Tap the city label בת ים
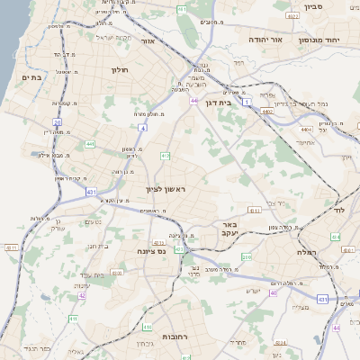pyautogui.click(x=30, y=77)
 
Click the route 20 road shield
pyautogui.click(x=57, y=121)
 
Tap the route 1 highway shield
pyautogui.click(x=247, y=105)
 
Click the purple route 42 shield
pyautogui.click(x=82, y=294)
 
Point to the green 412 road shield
pyautogui.click(x=165, y=156)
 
